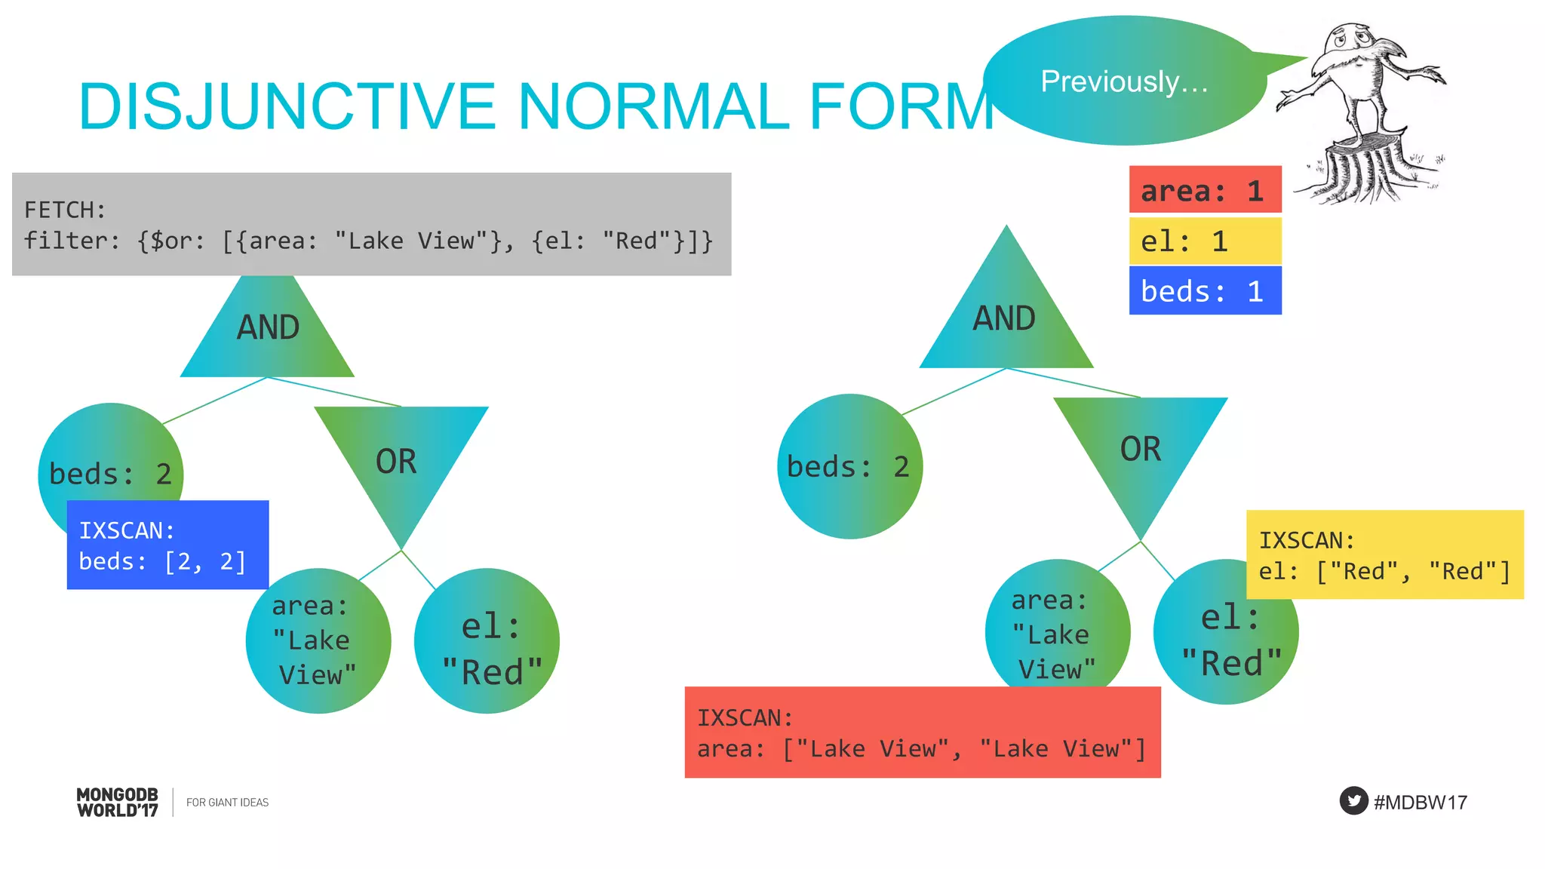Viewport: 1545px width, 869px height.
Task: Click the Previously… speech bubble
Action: [1124, 81]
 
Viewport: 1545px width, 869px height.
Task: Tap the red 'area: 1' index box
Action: [1205, 190]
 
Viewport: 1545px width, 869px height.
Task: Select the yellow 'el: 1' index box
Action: [1205, 241]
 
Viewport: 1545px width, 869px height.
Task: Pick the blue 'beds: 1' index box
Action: [1205, 290]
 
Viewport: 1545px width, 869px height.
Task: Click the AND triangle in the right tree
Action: [1006, 321]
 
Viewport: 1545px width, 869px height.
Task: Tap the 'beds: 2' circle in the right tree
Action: [849, 466]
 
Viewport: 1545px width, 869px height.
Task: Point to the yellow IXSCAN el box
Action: [1384, 555]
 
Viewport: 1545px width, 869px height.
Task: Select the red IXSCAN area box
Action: [922, 732]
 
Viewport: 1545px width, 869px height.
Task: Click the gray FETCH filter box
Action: [371, 224]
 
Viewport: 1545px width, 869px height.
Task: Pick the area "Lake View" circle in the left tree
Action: [317, 641]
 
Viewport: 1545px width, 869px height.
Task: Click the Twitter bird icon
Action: [1353, 800]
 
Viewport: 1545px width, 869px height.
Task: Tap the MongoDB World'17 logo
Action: [118, 802]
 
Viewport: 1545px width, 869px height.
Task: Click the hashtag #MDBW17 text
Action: [1421, 802]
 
